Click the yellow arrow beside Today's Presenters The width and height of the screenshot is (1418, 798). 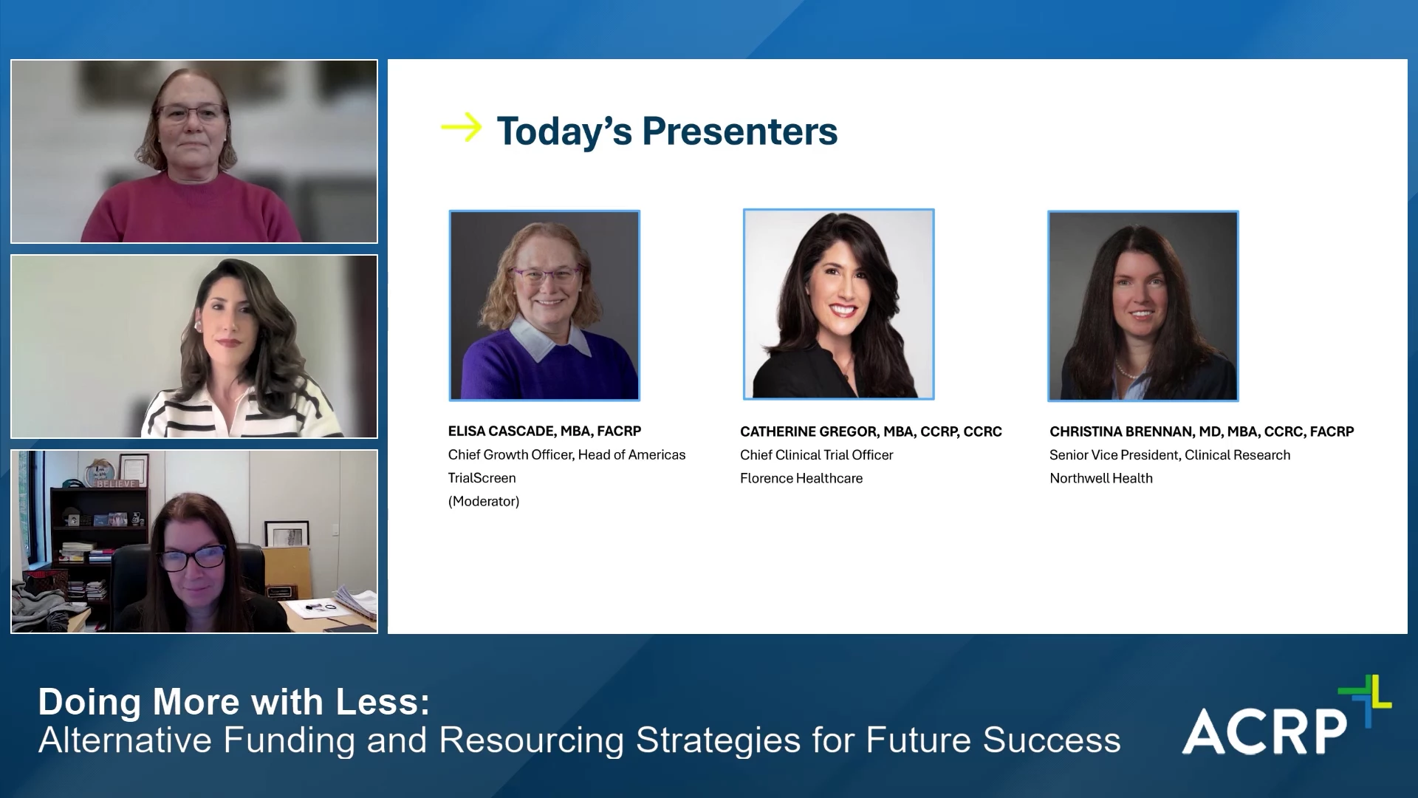[x=461, y=127]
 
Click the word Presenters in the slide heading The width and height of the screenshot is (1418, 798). [x=740, y=132]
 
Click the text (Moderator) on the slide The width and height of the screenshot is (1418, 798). [x=484, y=501]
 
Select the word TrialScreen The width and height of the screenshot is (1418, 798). [x=482, y=478]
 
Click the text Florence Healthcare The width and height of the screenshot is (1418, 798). [x=801, y=478]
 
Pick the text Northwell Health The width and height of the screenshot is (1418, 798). [x=1101, y=478]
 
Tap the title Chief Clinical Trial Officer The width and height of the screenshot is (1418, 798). [x=817, y=455]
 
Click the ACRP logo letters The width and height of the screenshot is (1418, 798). [x=1265, y=731]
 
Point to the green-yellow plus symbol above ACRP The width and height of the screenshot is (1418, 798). [x=1365, y=699]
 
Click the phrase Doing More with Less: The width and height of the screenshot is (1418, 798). [x=234, y=702]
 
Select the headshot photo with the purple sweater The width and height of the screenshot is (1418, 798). [x=544, y=305]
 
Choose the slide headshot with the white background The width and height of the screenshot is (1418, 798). [x=838, y=304]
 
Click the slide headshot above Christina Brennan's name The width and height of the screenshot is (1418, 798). [x=1143, y=306]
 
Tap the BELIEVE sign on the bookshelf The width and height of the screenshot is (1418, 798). [x=117, y=484]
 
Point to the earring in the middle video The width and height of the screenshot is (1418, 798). [x=198, y=325]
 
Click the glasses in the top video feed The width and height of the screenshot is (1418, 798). [x=191, y=113]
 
